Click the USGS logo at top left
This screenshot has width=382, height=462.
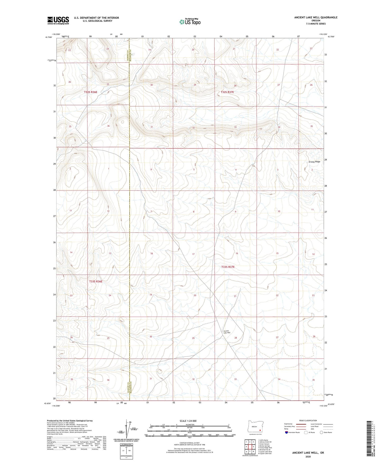58,20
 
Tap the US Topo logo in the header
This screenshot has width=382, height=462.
190,22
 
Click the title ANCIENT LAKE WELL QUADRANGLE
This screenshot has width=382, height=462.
316,17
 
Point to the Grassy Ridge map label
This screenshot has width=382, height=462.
314,162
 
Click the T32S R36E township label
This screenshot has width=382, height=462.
91,92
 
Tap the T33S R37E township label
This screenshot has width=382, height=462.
228,267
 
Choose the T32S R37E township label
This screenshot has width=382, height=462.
227,92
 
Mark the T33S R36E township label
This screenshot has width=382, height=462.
95,282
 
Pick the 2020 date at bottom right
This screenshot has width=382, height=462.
308,457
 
